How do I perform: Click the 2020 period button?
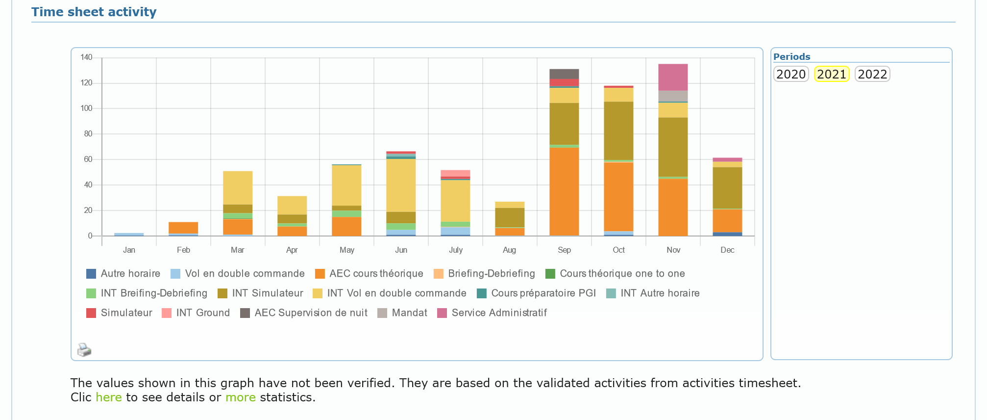[791, 74]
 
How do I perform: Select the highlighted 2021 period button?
[831, 74]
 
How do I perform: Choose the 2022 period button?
[872, 74]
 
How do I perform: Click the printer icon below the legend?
[84, 350]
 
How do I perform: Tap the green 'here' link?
[108, 397]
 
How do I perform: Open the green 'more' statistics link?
[240, 397]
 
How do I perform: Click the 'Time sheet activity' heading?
[94, 12]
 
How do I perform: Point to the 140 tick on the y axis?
[86, 57]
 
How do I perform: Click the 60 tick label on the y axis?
[88, 159]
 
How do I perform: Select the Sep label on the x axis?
[564, 250]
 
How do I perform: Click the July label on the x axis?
[455, 250]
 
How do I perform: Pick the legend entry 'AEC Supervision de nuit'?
[310, 313]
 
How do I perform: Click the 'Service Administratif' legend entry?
[498, 313]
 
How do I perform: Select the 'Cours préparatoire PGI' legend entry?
[543, 293]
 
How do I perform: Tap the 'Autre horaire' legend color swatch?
[91, 274]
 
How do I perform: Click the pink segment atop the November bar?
[673, 77]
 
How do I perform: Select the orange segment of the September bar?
[564, 191]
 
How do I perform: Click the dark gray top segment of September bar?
[564, 74]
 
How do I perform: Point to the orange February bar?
[183, 228]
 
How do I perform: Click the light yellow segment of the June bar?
[401, 185]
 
